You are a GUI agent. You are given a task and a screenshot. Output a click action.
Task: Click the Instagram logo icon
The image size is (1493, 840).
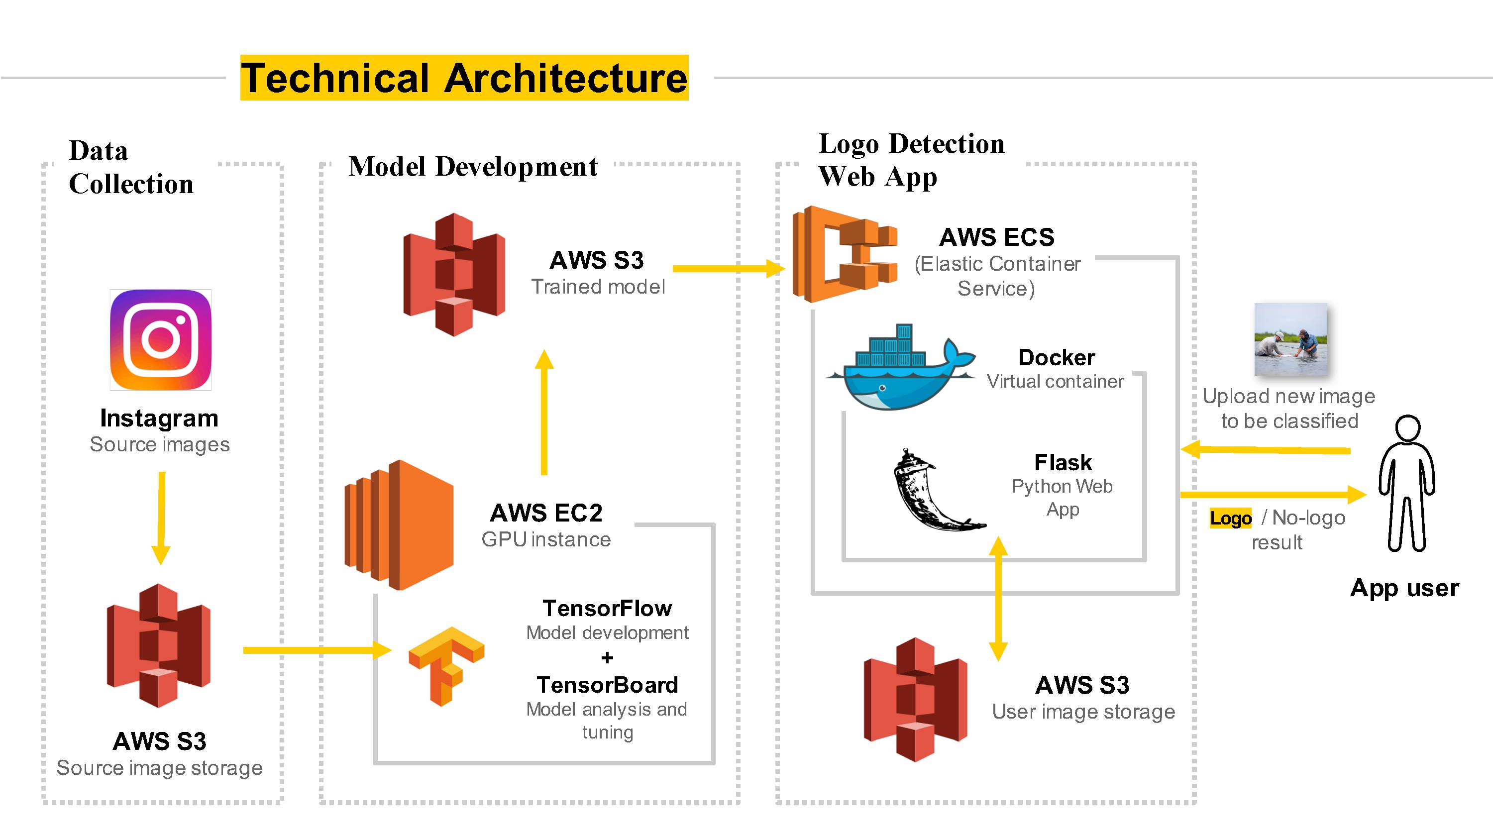(x=161, y=340)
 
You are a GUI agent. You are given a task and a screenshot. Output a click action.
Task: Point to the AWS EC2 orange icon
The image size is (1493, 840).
(x=399, y=525)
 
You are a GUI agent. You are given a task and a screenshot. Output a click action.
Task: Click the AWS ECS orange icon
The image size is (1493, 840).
(x=845, y=254)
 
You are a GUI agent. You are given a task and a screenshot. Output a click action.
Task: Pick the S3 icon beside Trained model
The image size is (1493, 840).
(x=454, y=274)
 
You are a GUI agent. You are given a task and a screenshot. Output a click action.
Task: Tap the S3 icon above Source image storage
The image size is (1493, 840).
(x=158, y=645)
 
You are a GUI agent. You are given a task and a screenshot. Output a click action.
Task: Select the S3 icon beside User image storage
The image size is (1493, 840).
(x=915, y=699)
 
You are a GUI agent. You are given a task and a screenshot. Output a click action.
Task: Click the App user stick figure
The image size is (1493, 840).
(x=1406, y=483)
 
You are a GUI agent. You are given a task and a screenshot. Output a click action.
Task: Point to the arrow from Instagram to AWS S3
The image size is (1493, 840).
(x=161, y=518)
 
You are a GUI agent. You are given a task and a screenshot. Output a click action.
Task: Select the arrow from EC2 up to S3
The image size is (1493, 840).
(x=544, y=412)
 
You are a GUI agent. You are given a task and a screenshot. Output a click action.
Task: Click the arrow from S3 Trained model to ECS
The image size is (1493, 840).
(x=729, y=268)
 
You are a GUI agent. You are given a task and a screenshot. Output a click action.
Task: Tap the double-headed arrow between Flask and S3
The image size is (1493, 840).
(x=998, y=598)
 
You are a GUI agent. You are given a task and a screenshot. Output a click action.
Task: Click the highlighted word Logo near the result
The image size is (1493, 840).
(x=1230, y=518)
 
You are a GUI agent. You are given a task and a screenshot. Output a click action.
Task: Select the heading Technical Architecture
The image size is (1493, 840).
(x=464, y=78)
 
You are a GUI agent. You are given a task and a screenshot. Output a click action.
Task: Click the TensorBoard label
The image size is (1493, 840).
(x=607, y=685)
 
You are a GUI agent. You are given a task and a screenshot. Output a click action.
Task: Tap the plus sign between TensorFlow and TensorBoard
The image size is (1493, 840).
(x=607, y=658)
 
